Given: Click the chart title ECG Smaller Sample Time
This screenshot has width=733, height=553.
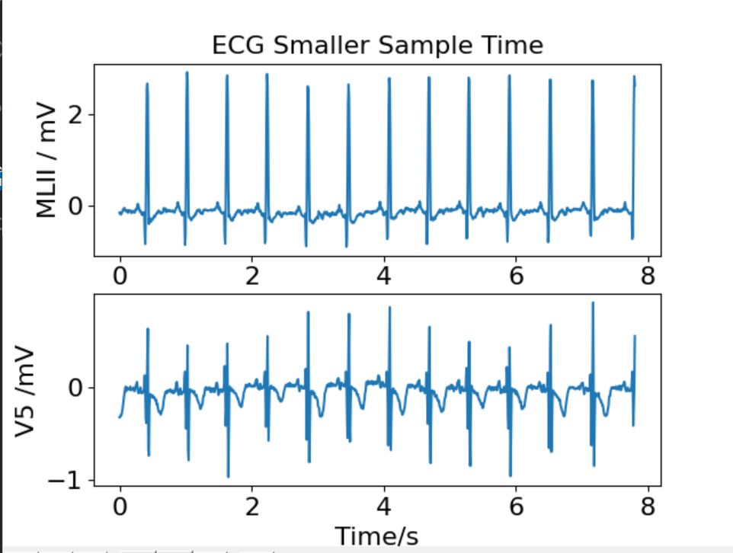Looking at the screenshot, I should pos(378,45).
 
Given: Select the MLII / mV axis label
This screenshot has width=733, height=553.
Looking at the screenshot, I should pos(47,160).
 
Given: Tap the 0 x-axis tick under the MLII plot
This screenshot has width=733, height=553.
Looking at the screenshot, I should pos(120,276).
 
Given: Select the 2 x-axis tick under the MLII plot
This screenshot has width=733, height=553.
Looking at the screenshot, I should pos(252,276).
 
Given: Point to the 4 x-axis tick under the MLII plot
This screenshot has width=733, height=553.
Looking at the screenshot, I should pos(384,276).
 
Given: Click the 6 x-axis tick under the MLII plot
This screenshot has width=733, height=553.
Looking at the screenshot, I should pos(517,276).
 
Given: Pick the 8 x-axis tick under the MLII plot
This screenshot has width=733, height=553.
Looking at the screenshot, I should pos(648,276).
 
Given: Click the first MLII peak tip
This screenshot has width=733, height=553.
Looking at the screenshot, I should pos(147,85).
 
